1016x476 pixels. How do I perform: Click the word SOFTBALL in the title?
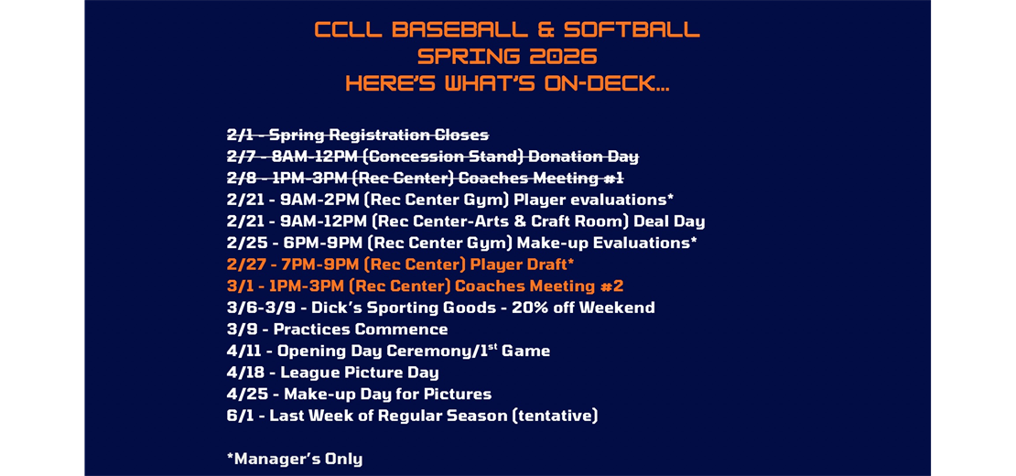click(632, 30)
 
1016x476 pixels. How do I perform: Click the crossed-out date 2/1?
click(240, 135)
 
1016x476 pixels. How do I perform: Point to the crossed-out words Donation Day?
click(583, 157)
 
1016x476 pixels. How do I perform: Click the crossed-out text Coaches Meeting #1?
click(540, 178)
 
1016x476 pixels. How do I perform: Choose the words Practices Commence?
click(361, 330)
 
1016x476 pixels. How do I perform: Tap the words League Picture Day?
click(359, 373)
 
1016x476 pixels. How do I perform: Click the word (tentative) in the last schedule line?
click(554, 416)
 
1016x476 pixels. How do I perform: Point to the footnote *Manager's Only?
click(294, 459)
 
